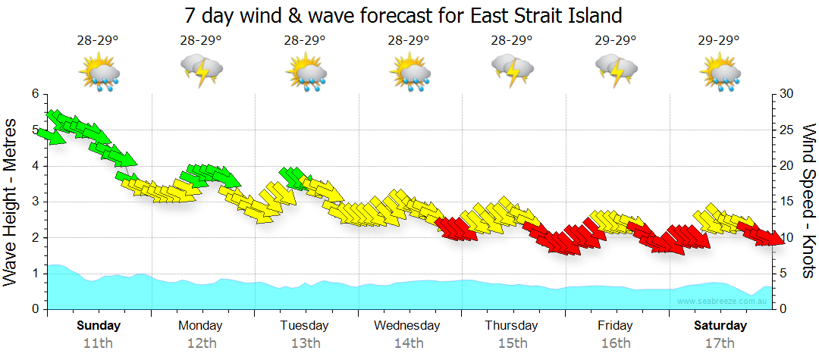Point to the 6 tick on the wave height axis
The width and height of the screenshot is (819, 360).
coord(34,94)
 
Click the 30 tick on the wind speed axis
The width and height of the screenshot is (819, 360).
coord(786,94)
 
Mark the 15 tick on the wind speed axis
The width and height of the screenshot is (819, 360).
coord(786,202)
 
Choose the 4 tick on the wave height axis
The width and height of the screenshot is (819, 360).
coord(34,166)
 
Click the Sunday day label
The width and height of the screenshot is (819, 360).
coord(99,326)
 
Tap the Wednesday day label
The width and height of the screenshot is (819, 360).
coord(407,326)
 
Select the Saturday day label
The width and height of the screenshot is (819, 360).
coord(720,326)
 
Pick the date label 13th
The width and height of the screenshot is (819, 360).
coord(304,343)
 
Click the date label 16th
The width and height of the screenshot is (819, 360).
coord(615,343)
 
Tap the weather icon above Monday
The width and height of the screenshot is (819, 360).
coord(201,70)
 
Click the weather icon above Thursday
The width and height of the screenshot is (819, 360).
coord(512,70)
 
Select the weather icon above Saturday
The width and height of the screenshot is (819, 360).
coord(720,73)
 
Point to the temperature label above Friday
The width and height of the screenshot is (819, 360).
coord(616,41)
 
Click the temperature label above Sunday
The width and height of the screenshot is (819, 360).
coord(98,41)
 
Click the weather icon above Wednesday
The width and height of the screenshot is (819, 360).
coord(409,73)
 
